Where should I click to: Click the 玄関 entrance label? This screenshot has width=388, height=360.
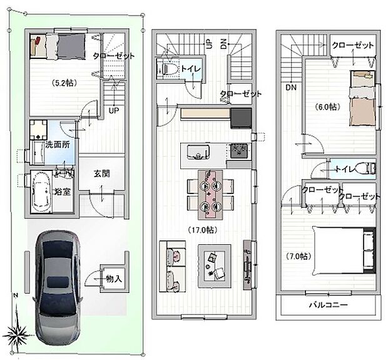point(103,173)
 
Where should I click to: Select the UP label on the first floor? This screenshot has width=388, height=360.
point(114,110)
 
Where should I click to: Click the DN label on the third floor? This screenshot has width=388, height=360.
point(292,88)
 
